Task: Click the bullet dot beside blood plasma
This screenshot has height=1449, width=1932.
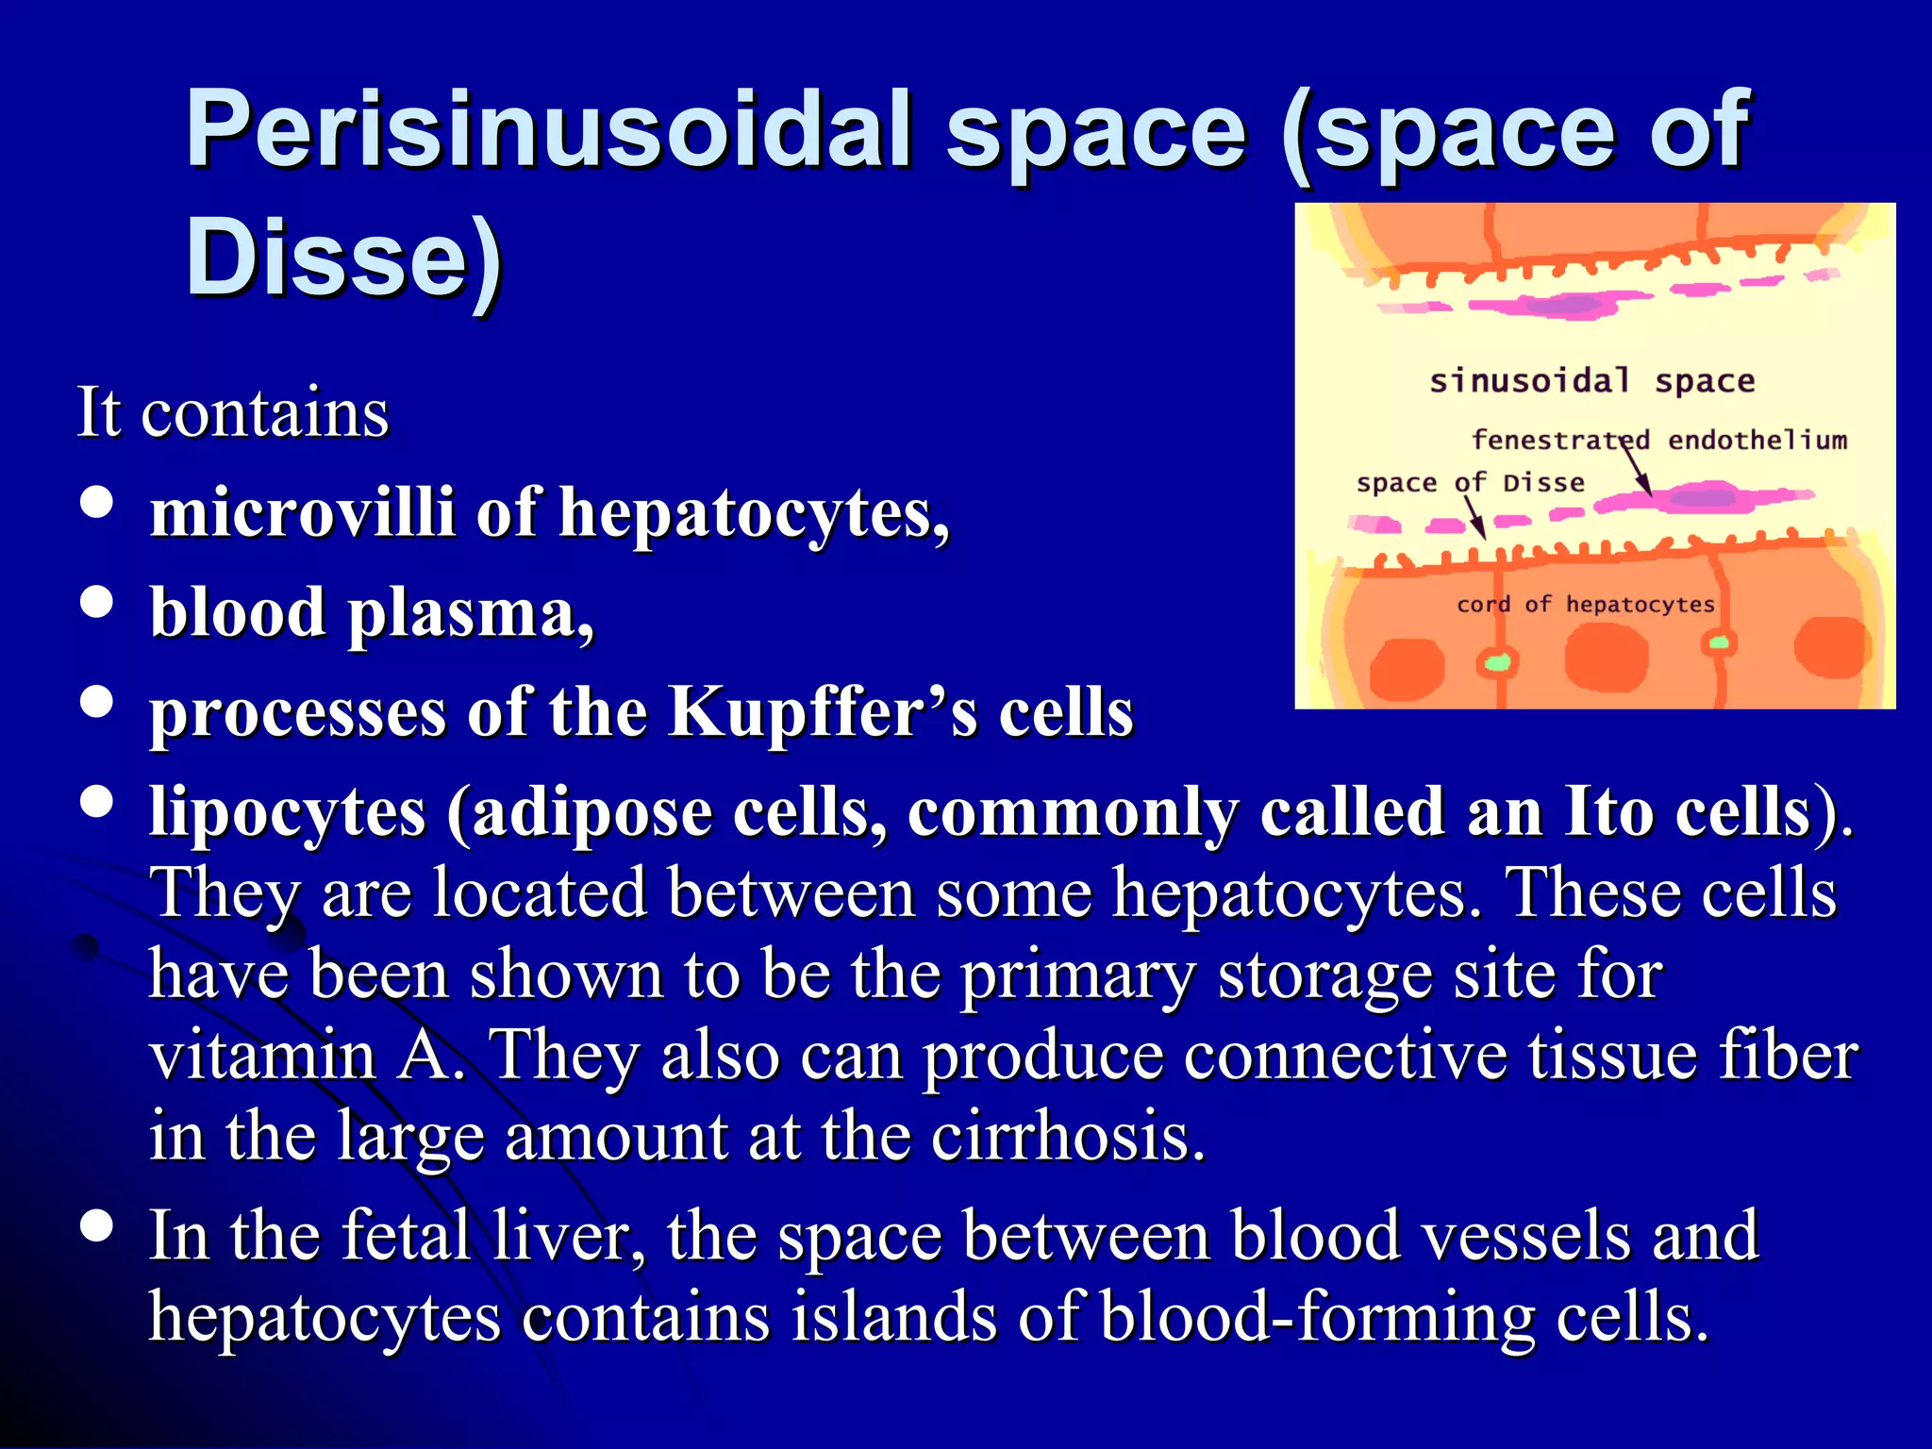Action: (97, 602)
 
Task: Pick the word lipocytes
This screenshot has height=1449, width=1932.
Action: (288, 811)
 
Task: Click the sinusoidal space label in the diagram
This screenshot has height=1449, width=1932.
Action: (1591, 381)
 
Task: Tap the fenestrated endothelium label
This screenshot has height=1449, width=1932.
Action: (1659, 440)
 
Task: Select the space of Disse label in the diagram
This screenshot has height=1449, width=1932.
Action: (1470, 483)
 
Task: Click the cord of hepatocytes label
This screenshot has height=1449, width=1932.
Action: (1585, 604)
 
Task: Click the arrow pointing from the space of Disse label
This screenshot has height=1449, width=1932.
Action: (1474, 517)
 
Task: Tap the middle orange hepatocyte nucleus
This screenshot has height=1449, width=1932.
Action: (1606, 657)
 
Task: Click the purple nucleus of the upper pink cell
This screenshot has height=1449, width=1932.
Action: (1569, 305)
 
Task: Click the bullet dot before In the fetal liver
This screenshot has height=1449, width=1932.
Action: (97, 1226)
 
